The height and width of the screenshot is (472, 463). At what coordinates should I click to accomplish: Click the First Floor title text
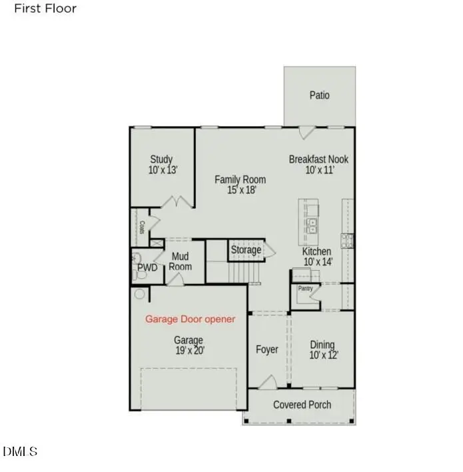point(45,9)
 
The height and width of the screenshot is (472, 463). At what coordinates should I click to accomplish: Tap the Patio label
point(319,95)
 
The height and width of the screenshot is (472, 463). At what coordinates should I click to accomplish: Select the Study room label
point(161,159)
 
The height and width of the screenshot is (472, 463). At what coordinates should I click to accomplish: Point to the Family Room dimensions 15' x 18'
point(240,190)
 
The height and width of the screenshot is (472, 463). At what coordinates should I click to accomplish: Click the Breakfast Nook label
point(318,159)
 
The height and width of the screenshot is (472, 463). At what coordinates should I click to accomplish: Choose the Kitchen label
point(316,251)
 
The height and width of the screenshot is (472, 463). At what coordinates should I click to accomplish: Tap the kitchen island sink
point(312,226)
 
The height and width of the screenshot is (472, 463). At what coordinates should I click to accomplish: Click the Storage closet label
point(246,250)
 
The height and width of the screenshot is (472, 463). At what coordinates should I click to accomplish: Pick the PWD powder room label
point(147,268)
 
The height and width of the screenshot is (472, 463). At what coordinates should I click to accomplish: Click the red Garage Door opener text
point(191,319)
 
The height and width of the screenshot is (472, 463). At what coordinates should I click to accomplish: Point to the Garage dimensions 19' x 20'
point(190,351)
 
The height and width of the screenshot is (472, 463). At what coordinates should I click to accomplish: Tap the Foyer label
point(267,349)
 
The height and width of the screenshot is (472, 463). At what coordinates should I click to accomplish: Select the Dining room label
point(322,345)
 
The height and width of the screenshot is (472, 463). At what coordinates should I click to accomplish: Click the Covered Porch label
point(302,405)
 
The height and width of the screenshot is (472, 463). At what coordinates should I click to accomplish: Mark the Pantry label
point(305,289)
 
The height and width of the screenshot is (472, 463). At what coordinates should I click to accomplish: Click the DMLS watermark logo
point(20,452)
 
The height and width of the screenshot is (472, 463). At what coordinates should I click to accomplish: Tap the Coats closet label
point(142,227)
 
